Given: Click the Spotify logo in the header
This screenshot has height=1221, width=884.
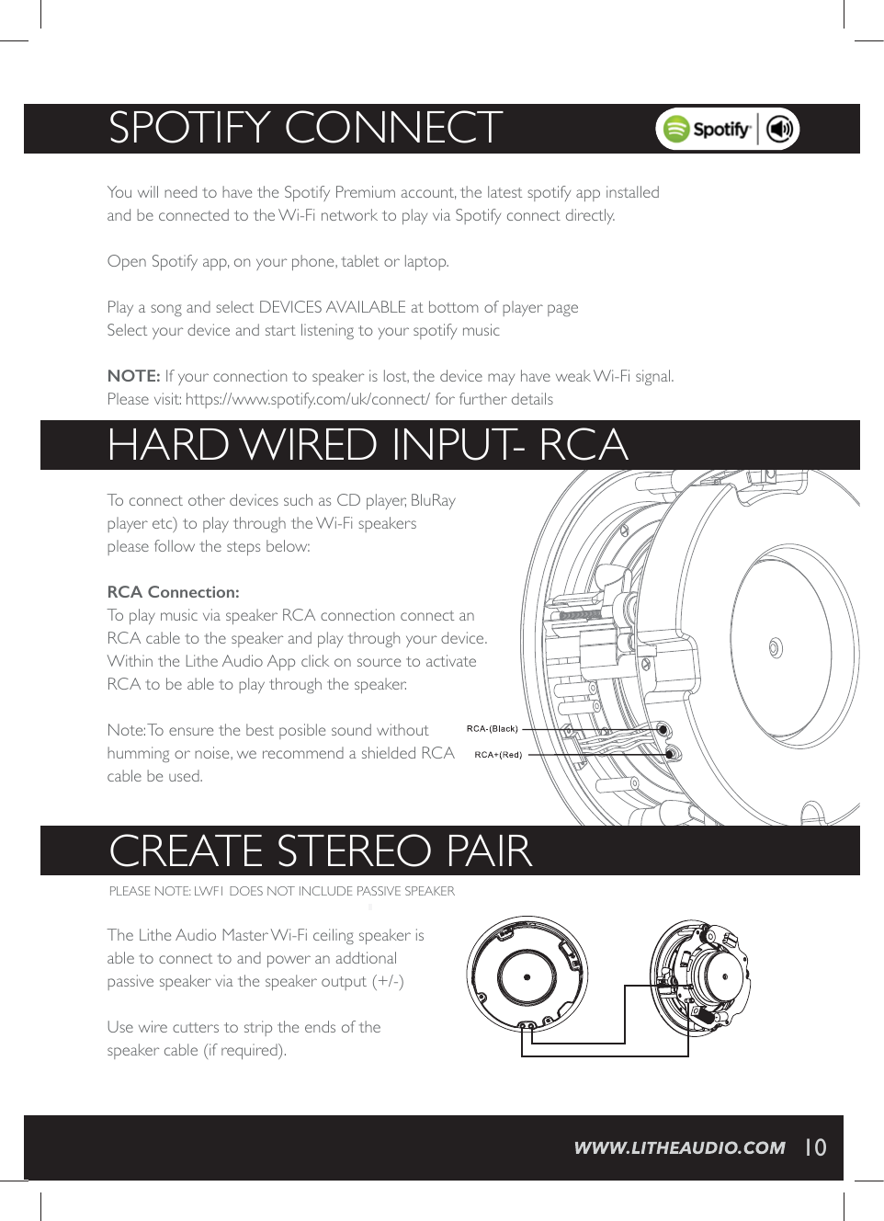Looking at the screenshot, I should tap(707, 130).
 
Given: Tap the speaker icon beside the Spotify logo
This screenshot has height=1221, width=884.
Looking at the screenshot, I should tap(780, 130).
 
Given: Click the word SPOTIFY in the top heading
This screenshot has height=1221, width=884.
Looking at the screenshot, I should tap(189, 128).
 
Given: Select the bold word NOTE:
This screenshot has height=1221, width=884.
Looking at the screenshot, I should tap(133, 376).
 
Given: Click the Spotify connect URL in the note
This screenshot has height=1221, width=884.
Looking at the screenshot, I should tap(307, 399).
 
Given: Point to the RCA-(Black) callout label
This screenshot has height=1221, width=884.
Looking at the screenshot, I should tap(492, 729).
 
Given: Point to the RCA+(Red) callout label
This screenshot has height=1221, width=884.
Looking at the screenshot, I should tap(497, 755).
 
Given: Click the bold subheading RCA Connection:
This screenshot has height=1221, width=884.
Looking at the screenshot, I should tap(173, 592).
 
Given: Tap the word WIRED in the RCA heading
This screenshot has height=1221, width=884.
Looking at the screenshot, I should tap(308, 446).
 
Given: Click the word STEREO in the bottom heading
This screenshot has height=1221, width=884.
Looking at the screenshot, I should tap(354, 851).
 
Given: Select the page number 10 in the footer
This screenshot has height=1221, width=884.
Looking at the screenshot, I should tap(815, 1147).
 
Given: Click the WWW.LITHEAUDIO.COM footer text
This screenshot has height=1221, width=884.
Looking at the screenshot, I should tap(679, 1147).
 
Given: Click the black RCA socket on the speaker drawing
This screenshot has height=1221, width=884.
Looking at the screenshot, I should tap(663, 730).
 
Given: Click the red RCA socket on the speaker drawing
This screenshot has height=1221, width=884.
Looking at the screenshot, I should tap(671, 754).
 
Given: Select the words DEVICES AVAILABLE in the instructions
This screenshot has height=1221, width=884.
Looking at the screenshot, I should tap(332, 307).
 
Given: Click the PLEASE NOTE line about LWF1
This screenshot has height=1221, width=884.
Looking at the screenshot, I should tap(281, 891).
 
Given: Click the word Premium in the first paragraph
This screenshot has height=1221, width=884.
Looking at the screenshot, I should tap(365, 192).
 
